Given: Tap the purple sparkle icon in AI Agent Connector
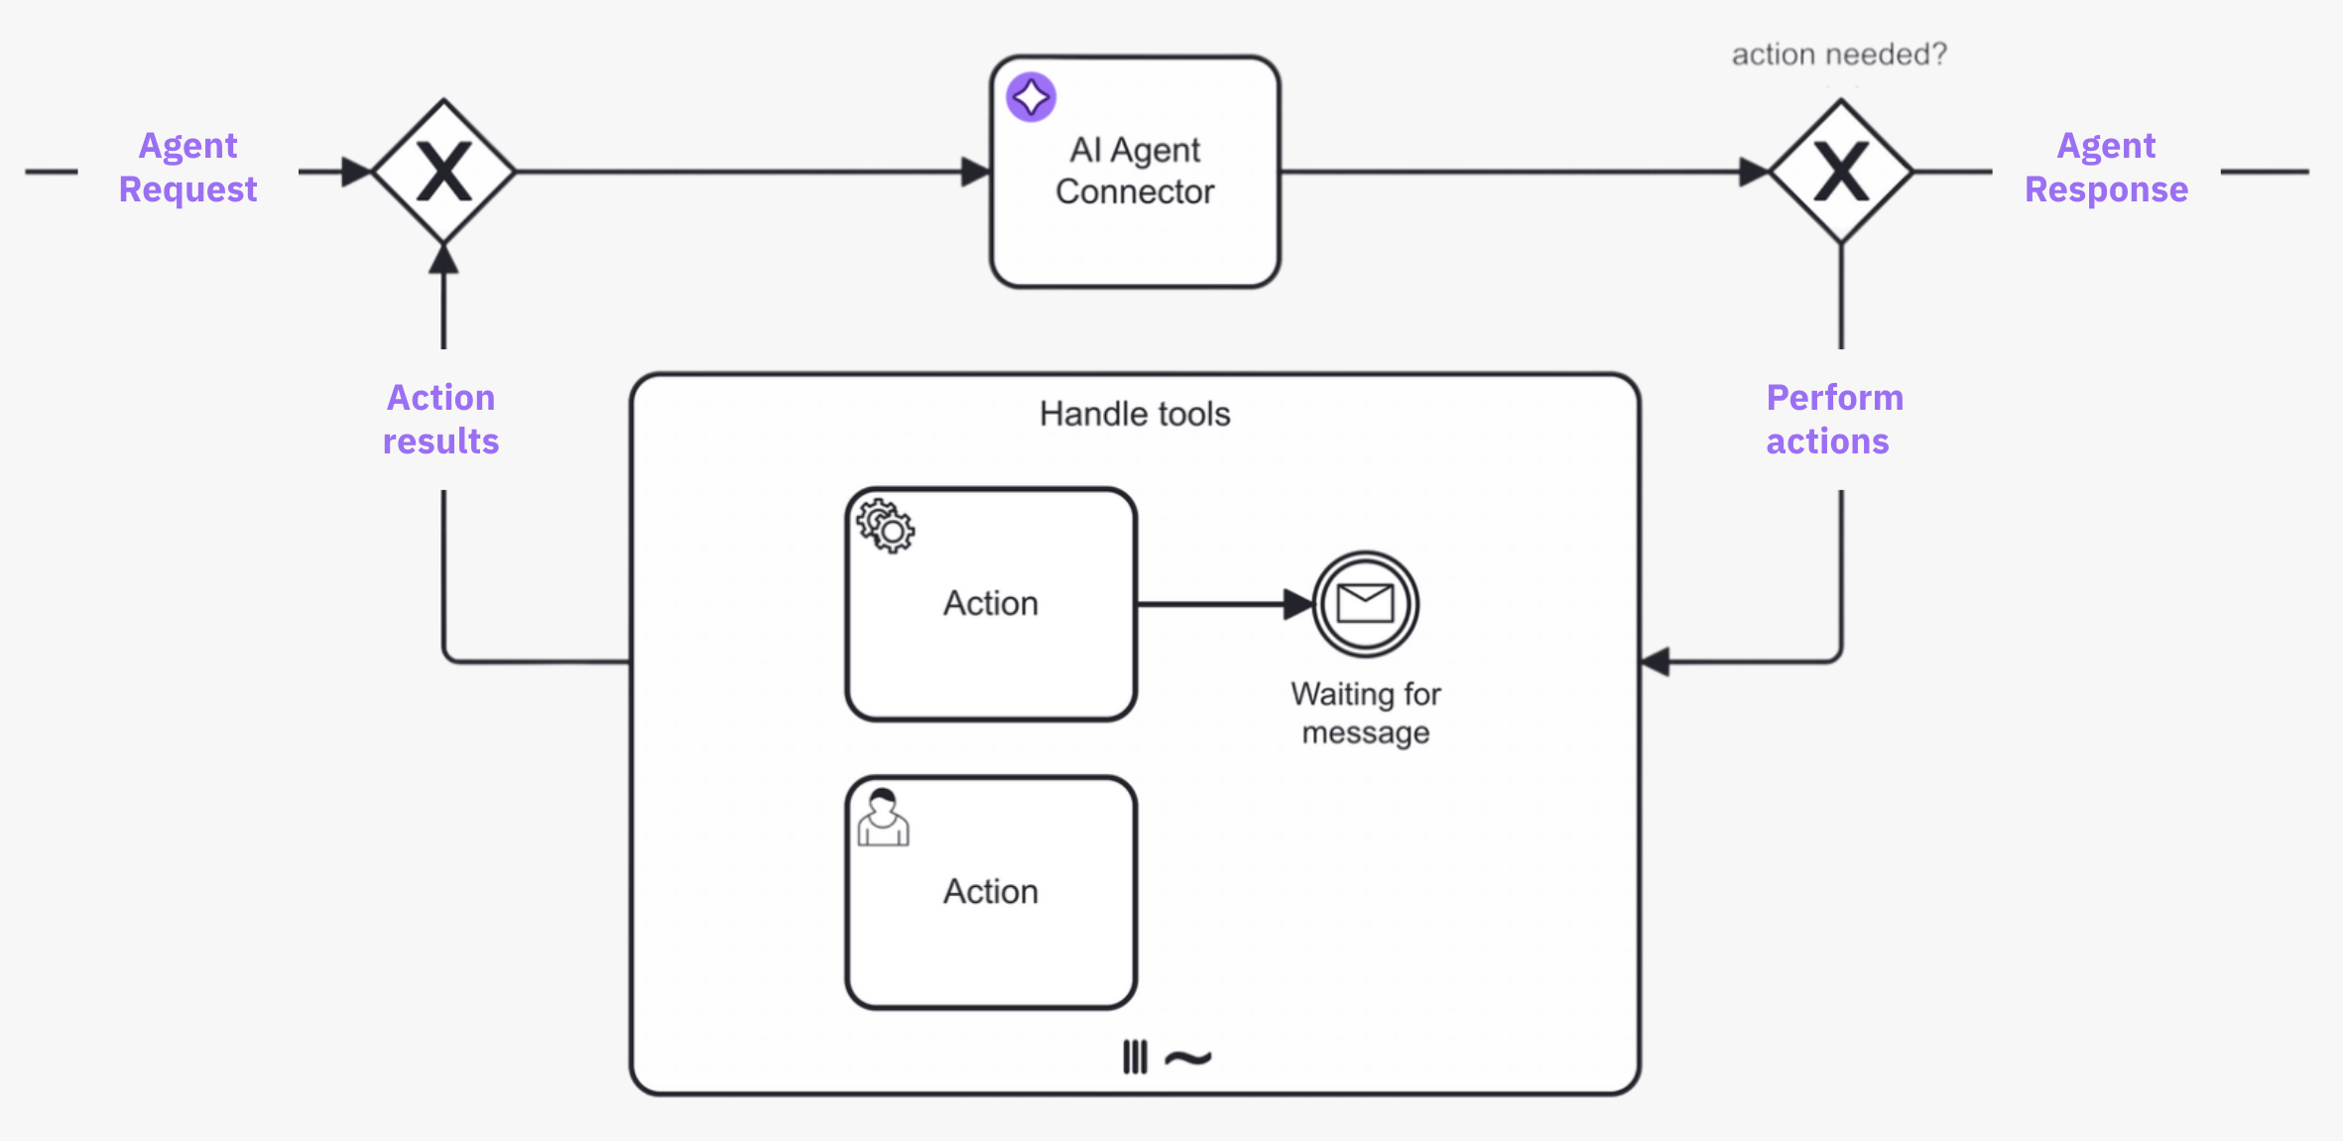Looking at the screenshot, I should [x=1031, y=97].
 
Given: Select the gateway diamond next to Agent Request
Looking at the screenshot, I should [x=443, y=172].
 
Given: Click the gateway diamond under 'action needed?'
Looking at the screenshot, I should [x=1841, y=172].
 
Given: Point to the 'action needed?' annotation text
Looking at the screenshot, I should [x=1839, y=55].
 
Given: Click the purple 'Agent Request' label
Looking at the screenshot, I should [x=187, y=167].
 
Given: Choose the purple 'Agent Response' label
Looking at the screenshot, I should [x=2106, y=167].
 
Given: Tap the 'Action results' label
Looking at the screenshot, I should [x=440, y=419].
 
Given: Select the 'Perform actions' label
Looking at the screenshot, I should [x=1833, y=419].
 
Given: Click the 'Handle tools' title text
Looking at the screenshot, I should [x=1135, y=414].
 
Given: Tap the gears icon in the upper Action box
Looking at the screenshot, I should [x=886, y=526].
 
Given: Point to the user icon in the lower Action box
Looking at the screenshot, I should [x=883, y=818].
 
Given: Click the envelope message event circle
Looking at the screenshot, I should [x=1366, y=603].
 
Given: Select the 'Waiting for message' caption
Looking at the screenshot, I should [x=1366, y=712].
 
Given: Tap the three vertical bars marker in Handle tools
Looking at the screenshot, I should [x=1135, y=1057].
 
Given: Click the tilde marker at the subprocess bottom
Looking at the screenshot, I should [x=1187, y=1058].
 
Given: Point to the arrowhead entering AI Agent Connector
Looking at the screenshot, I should [x=976, y=172].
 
